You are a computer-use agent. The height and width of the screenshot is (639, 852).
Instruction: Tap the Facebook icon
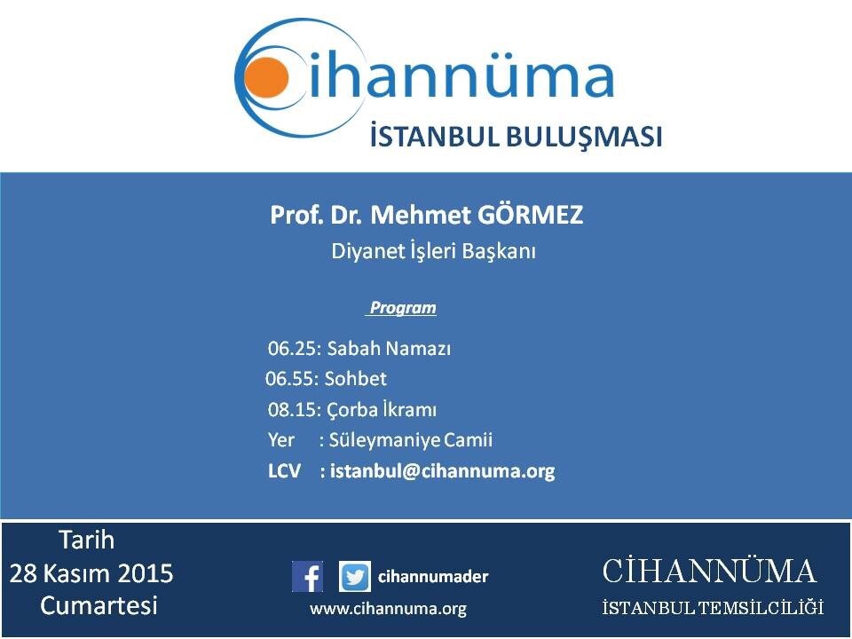pyautogui.click(x=308, y=576)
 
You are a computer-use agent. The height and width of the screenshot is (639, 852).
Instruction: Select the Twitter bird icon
pyautogui.click(x=355, y=576)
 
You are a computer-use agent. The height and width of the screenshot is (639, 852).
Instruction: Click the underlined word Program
pyautogui.click(x=402, y=308)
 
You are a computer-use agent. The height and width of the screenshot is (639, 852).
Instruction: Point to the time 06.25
pyautogui.click(x=295, y=348)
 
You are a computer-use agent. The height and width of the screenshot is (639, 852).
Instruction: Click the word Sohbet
pyautogui.click(x=355, y=378)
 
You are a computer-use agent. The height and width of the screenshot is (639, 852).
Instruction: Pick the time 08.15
pyautogui.click(x=295, y=409)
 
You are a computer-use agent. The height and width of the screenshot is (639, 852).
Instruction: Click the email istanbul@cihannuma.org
pyautogui.click(x=442, y=470)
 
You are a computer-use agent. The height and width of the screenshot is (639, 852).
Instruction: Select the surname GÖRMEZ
pyautogui.click(x=531, y=215)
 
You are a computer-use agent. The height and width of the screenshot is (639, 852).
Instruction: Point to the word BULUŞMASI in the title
pyautogui.click(x=585, y=137)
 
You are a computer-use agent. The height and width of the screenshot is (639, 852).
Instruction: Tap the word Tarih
pyautogui.click(x=86, y=540)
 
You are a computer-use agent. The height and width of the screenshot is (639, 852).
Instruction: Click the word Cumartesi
pyautogui.click(x=99, y=605)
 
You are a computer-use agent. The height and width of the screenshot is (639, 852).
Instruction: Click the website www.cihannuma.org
pyautogui.click(x=389, y=609)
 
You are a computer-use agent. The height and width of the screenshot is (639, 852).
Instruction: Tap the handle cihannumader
pyautogui.click(x=433, y=576)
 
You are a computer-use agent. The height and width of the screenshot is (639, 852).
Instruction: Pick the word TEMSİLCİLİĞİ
pyautogui.click(x=761, y=607)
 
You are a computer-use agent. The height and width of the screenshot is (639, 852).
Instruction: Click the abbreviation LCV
pyautogui.click(x=284, y=470)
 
